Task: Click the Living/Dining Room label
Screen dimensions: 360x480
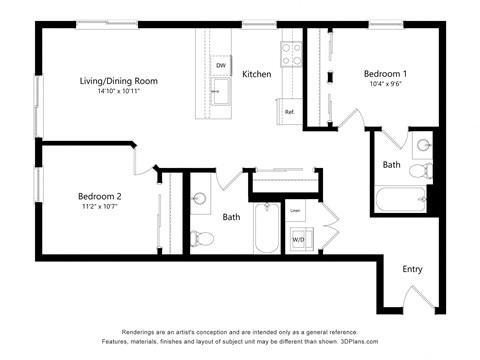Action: [118, 80]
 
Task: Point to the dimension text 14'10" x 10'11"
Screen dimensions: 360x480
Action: [118, 91]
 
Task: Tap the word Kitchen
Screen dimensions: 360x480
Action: [257, 74]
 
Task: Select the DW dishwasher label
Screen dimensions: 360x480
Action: [220, 65]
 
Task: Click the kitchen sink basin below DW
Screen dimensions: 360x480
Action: [220, 93]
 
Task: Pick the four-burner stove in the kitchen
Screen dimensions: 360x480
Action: [291, 53]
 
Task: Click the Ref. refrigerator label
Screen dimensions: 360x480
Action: [289, 112]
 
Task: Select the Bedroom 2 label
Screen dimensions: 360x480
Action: [100, 196]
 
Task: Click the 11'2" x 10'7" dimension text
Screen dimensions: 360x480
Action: [100, 208]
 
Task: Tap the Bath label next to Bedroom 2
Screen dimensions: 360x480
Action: [231, 216]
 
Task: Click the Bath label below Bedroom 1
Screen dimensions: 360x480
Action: [391, 164]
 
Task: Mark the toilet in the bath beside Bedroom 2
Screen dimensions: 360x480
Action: [203, 238]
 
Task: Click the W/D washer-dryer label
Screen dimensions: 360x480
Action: [298, 240]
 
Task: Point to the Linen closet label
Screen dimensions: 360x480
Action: [295, 211]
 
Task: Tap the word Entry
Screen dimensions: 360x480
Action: [412, 269]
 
